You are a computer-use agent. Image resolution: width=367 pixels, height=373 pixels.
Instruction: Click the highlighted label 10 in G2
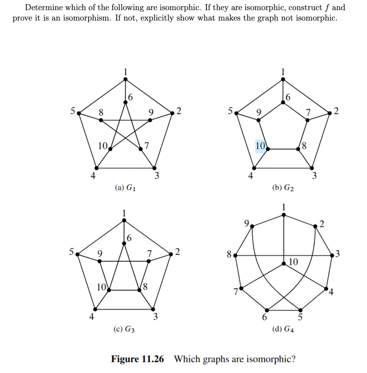pyautogui.click(x=260, y=146)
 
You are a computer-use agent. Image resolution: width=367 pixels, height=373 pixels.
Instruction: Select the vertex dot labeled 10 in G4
pyautogui.click(x=284, y=264)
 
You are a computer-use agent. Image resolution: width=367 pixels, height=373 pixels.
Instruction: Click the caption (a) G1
pyautogui.click(x=125, y=187)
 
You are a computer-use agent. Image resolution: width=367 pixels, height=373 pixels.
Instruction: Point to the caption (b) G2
pyautogui.click(x=283, y=187)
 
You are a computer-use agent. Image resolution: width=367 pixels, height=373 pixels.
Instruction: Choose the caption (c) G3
pyautogui.click(x=124, y=329)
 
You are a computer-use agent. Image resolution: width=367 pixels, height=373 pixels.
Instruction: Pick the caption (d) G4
pyautogui.click(x=283, y=329)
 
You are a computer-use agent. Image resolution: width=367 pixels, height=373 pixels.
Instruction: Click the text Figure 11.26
pyautogui.click(x=137, y=359)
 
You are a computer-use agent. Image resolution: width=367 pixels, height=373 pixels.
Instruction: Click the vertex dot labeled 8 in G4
pyautogui.click(x=235, y=256)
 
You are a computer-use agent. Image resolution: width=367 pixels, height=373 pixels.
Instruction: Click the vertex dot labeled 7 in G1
pyautogui.click(x=141, y=149)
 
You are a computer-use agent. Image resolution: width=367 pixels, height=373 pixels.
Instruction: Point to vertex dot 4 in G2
pyautogui.click(x=254, y=168)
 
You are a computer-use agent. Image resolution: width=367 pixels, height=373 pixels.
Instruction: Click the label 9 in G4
pyautogui.click(x=246, y=223)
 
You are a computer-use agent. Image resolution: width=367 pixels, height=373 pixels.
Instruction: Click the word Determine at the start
pyautogui.click(x=43, y=7)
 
